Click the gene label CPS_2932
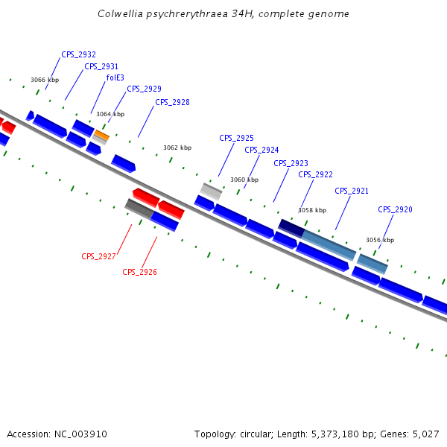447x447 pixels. pyautogui.click(x=78, y=54)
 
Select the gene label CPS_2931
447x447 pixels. pyautogui.click(x=101, y=66)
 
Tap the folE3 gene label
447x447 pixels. pyautogui.click(x=115, y=77)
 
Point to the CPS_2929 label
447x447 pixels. pyautogui.click(x=144, y=89)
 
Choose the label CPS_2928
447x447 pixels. pyautogui.click(x=172, y=102)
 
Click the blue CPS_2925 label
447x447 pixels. pyautogui.click(x=236, y=138)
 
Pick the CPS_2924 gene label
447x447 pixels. pyautogui.click(x=261, y=150)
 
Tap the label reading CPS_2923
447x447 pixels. pyautogui.click(x=291, y=163)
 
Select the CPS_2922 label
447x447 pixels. pyautogui.click(x=315, y=174)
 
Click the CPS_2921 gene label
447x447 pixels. pyautogui.click(x=352, y=191)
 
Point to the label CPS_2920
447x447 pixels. pyautogui.click(x=395, y=209)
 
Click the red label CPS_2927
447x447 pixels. pyautogui.click(x=98, y=256)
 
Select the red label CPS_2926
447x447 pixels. pyautogui.click(x=139, y=272)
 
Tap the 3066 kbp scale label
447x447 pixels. pyautogui.click(x=45, y=80)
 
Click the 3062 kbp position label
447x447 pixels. pyautogui.click(x=177, y=148)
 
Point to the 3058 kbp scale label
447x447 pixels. pyautogui.click(x=313, y=210)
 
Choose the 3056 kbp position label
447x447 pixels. pyautogui.click(x=380, y=240)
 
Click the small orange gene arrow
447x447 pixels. pyautogui.click(x=101, y=135)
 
